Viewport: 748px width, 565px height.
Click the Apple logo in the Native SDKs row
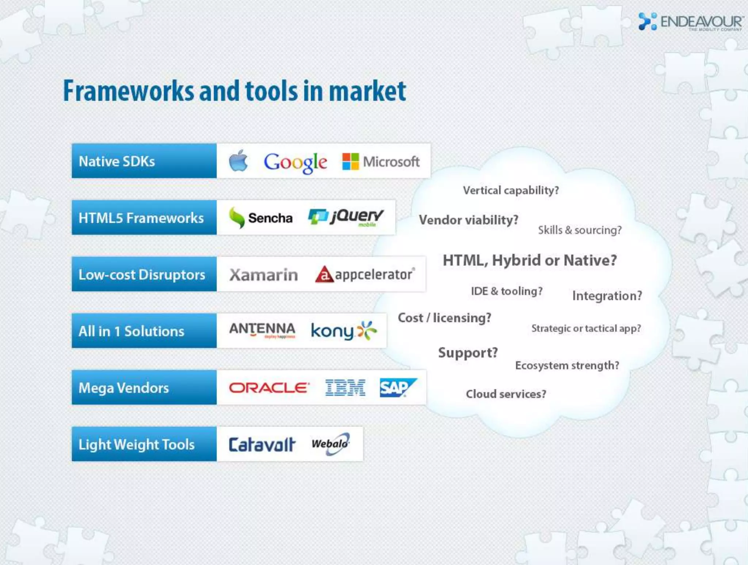point(238,161)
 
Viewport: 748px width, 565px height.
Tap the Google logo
point(295,162)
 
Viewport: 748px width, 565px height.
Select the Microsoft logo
point(381,162)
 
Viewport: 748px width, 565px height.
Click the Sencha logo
point(261,218)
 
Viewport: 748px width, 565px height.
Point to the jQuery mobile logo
point(346,217)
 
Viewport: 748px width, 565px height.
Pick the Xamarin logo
point(263,275)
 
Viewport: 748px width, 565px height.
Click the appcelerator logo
point(365,274)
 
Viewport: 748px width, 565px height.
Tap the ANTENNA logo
point(262,330)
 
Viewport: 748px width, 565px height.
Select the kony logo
point(343,331)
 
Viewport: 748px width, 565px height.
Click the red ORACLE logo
point(269,387)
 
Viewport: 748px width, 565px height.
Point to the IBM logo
point(345,387)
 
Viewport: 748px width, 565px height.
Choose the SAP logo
point(397,387)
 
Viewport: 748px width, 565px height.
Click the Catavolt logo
point(262,444)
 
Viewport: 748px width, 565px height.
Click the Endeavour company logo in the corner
point(690,22)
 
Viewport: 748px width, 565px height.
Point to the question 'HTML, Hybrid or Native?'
point(530,260)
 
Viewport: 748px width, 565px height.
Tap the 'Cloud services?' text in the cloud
point(506,394)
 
